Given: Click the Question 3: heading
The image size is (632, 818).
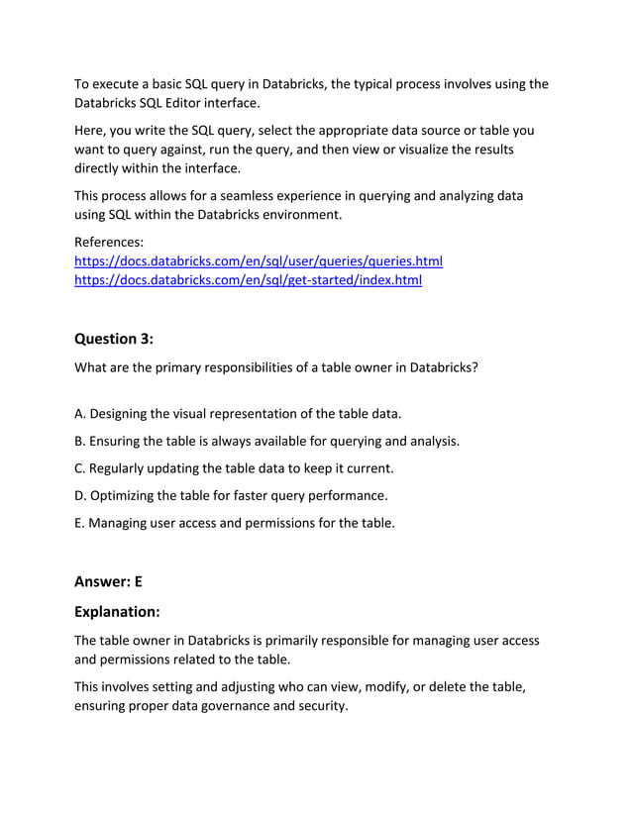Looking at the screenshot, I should pyautogui.click(x=114, y=339).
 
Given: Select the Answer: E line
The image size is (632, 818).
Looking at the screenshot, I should pyautogui.click(x=109, y=582).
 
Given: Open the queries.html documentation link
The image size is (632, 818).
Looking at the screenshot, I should pyautogui.click(x=259, y=261).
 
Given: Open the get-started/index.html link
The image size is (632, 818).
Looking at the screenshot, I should pyautogui.click(x=249, y=280).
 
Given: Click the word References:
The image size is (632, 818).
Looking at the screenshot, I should pyautogui.click(x=109, y=242).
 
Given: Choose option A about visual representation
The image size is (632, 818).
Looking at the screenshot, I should pyautogui.click(x=238, y=413).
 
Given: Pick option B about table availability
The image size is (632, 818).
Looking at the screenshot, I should pyautogui.click(x=267, y=441).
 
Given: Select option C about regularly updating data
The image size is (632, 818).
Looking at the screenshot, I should pyautogui.click(x=234, y=467).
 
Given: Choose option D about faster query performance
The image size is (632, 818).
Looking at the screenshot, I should pyautogui.click(x=231, y=495).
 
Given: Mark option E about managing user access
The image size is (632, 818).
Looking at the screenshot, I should pyautogui.click(x=235, y=523).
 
